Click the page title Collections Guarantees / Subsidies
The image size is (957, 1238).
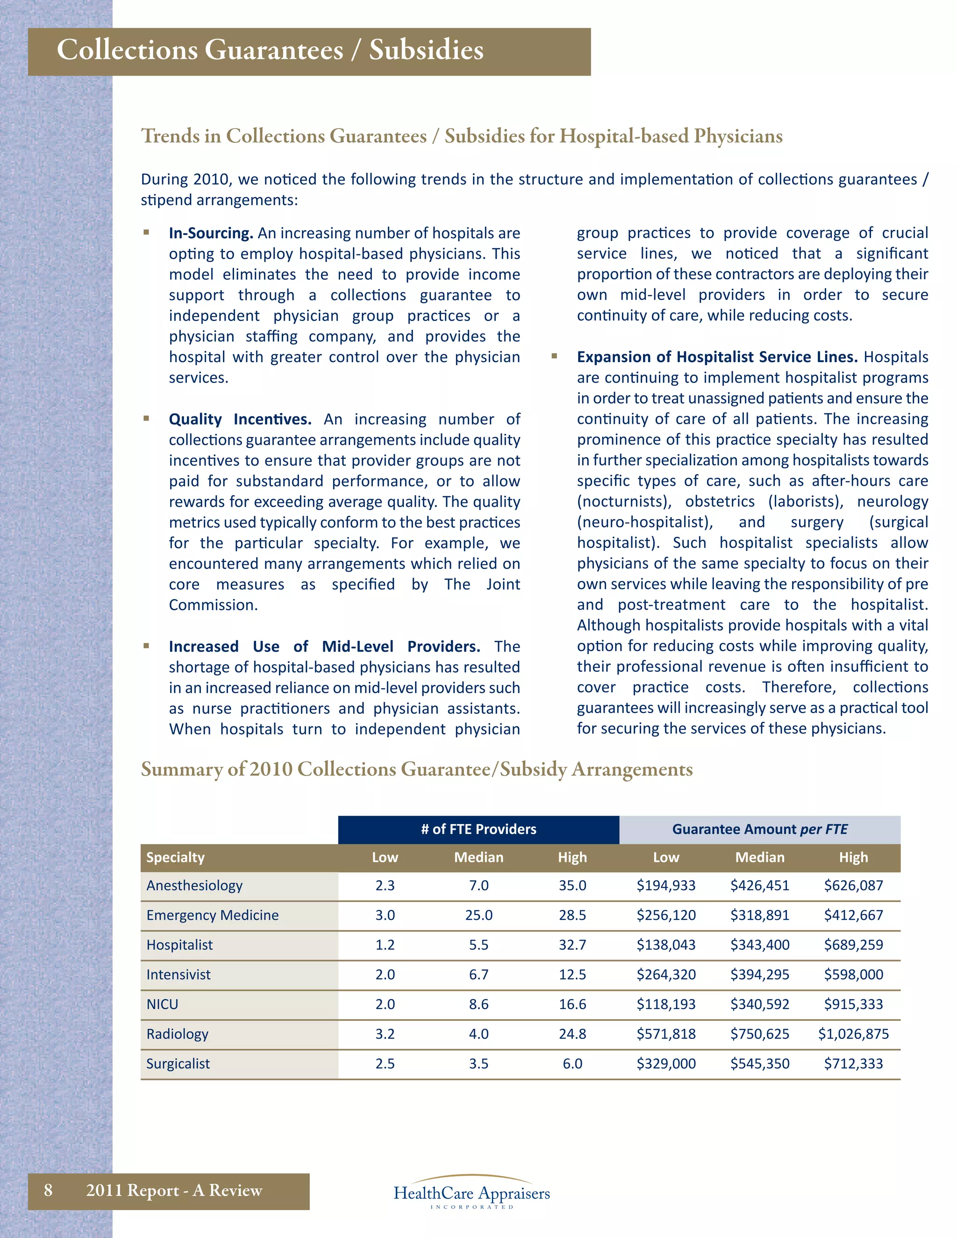coord(270,50)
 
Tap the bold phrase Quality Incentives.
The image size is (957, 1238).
coord(240,420)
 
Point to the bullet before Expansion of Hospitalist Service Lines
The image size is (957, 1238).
coord(555,356)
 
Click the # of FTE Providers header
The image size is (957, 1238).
coord(478,829)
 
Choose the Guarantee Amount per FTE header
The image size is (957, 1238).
coord(760,829)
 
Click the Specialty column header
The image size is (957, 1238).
coord(175,857)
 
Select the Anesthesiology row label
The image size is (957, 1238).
coord(194,885)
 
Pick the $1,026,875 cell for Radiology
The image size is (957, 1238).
coord(853,1034)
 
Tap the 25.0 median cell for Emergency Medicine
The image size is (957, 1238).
coord(478,915)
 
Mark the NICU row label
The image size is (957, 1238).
coord(162,1004)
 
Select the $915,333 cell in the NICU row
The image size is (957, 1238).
coord(853,1004)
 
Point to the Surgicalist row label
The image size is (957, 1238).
coord(178,1064)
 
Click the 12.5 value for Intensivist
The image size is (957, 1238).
coord(572,975)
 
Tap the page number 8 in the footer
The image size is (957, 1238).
coord(48,1190)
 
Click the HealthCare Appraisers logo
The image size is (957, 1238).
coord(471,1193)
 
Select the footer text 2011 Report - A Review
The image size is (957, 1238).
coord(174,1190)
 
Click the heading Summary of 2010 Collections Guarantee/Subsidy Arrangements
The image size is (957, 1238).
coord(417,769)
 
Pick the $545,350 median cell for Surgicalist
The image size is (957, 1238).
coord(760,1064)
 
